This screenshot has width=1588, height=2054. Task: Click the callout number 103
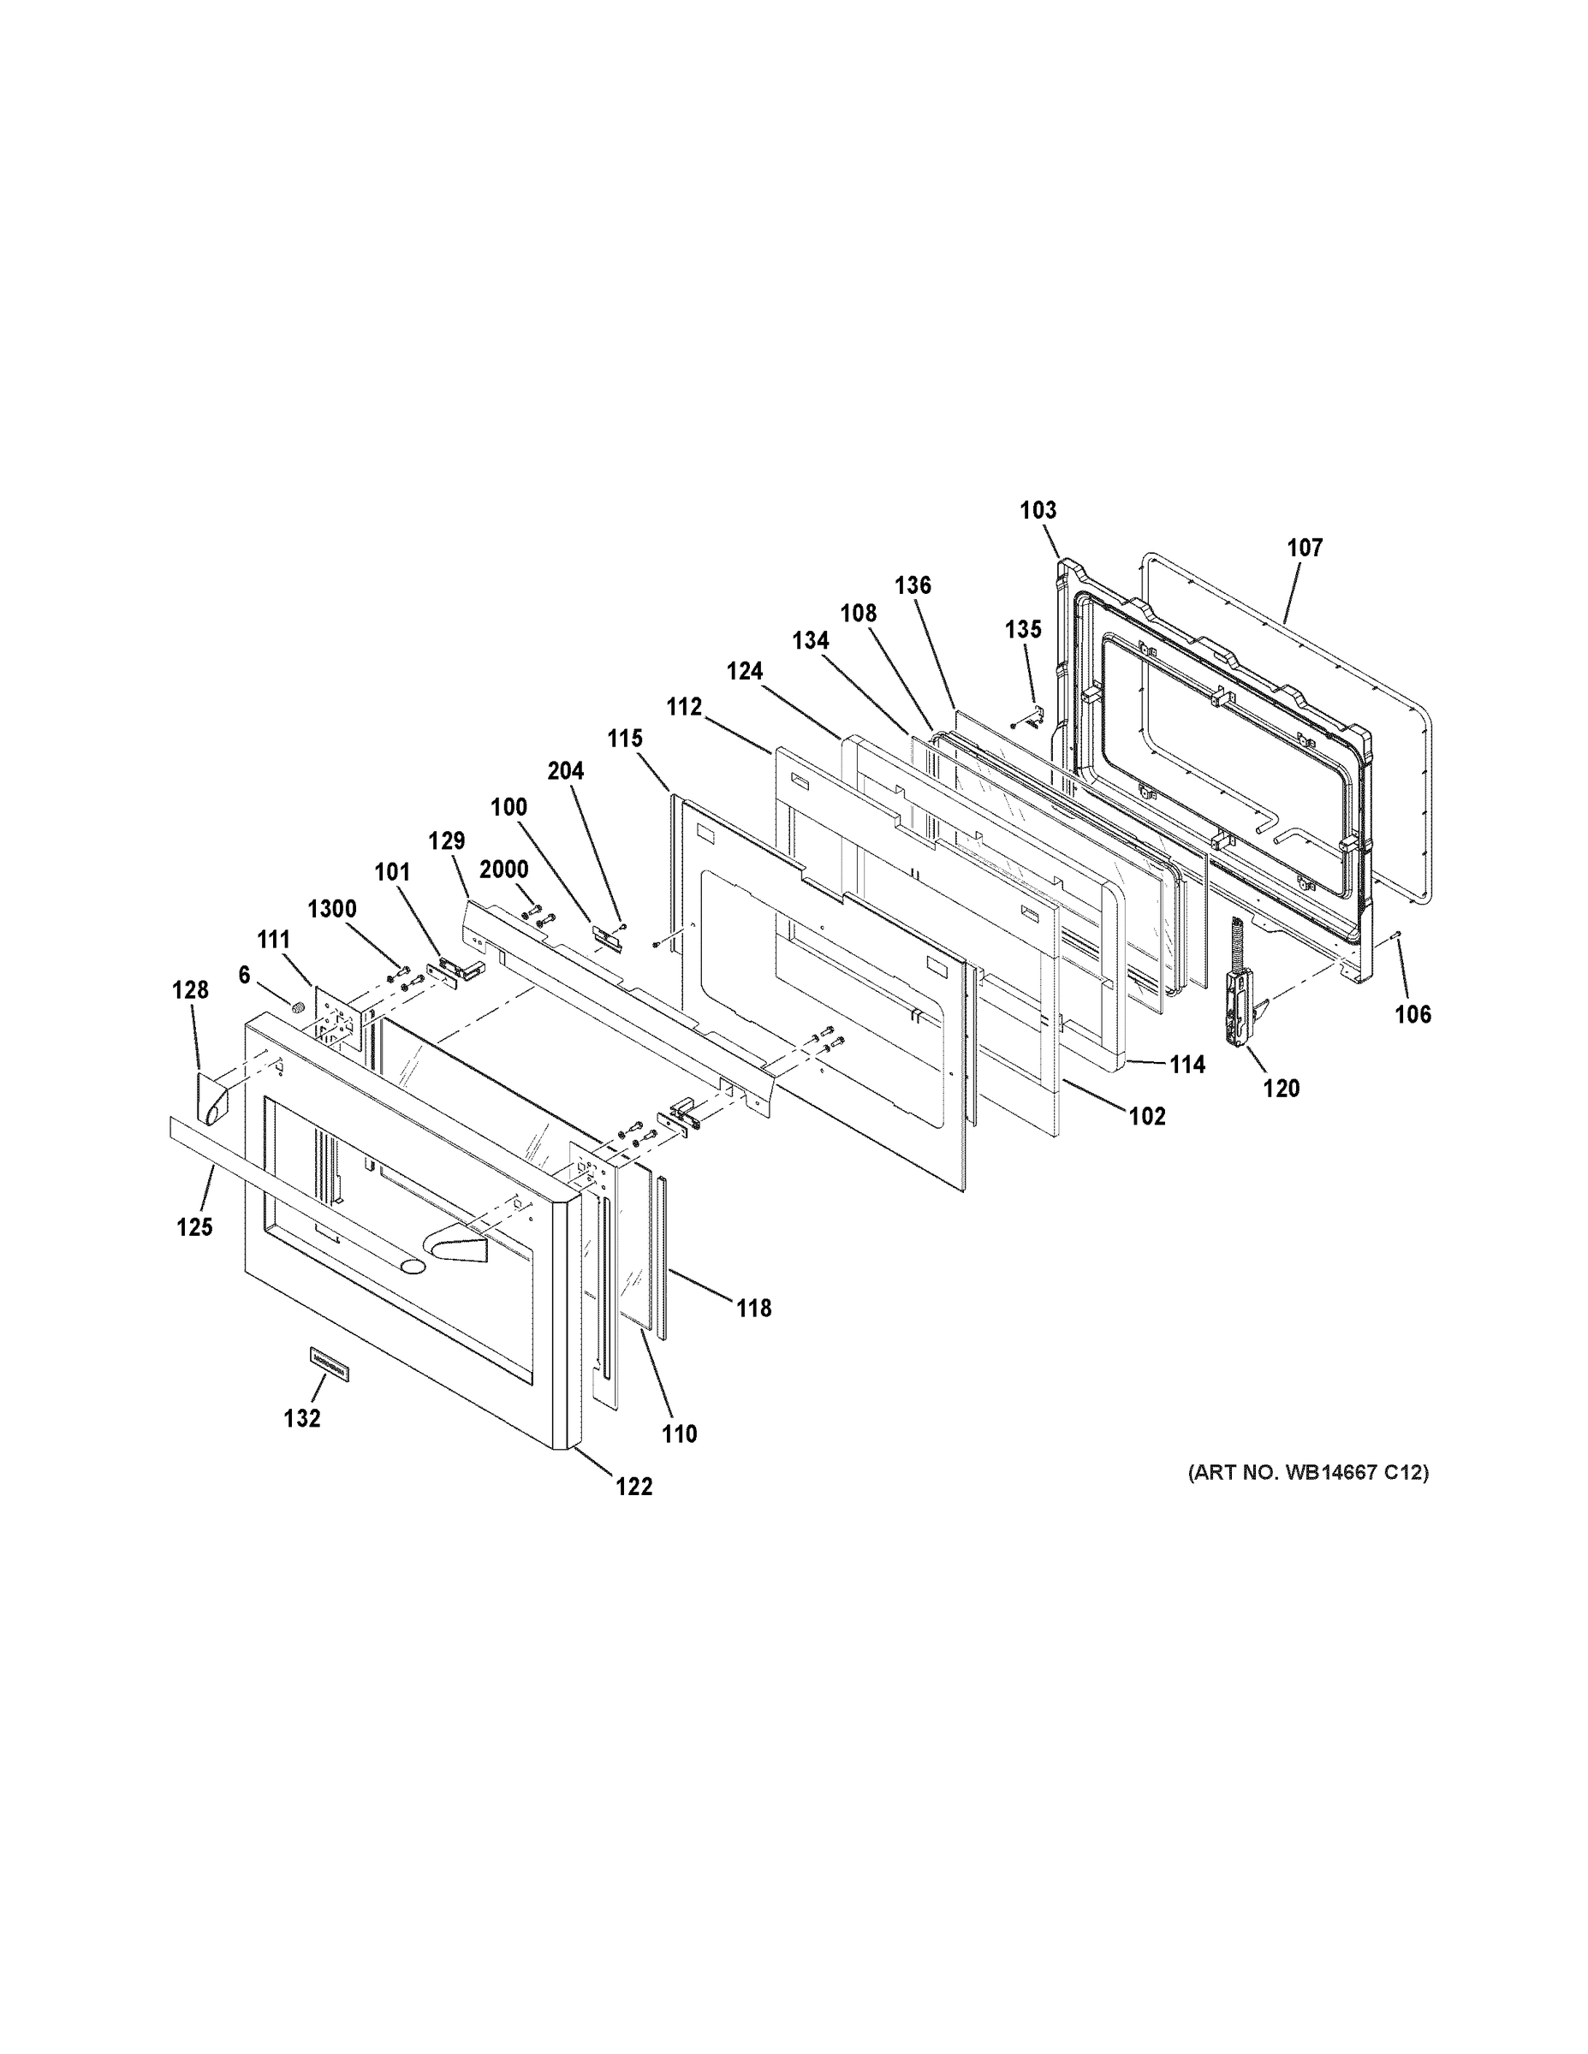coord(1038,510)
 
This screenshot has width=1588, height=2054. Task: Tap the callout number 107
coord(1305,548)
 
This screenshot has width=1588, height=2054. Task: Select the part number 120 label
coord(1282,1088)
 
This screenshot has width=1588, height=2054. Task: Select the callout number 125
coord(193,1226)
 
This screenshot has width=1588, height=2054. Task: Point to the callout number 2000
coord(503,869)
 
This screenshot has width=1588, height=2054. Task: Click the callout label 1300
coord(332,909)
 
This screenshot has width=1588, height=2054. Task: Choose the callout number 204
coord(565,771)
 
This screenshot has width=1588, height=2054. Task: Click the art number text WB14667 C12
coord(1308,1472)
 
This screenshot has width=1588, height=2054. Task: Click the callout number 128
coord(189,989)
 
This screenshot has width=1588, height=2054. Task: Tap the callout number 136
coord(913,585)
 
